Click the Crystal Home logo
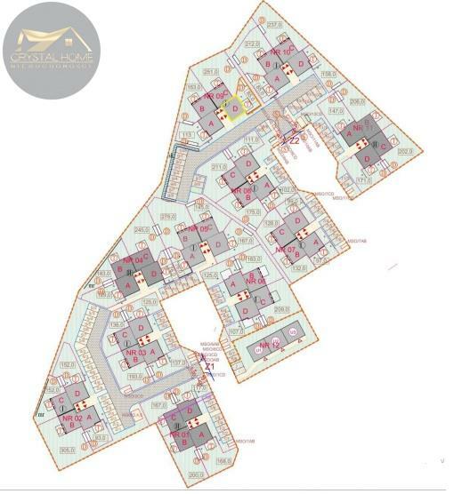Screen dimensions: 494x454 coord(51,50)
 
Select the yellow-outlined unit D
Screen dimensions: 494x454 coord(234,108)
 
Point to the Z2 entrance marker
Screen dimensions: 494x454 coord(292,139)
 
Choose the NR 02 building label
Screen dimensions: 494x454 coord(73,418)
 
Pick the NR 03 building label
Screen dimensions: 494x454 coord(138,352)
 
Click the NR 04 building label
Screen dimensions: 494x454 coord(133,259)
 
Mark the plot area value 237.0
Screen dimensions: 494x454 coord(274,25)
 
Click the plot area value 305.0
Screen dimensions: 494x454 coord(66,450)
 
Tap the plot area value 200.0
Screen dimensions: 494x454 coord(195,475)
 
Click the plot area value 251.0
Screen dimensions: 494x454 coord(210,71)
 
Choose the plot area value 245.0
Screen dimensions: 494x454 coord(141,230)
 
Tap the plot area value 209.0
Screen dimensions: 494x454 coord(282,309)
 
